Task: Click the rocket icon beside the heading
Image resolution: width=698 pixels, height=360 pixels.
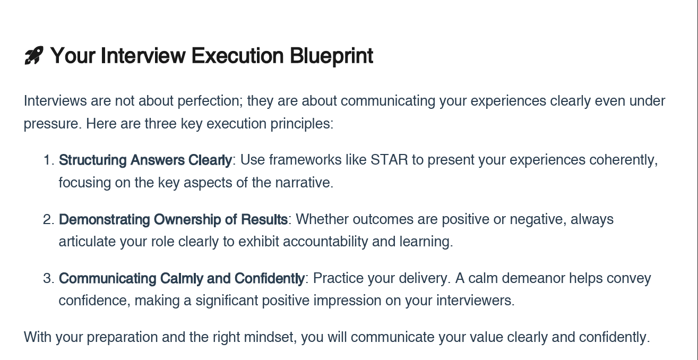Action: (x=33, y=55)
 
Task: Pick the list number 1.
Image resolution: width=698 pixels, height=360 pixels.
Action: (x=49, y=160)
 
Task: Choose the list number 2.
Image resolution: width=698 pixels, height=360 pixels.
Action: (x=49, y=219)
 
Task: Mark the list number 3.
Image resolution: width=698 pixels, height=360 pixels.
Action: (x=49, y=278)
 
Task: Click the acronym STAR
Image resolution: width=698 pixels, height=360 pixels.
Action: (x=389, y=160)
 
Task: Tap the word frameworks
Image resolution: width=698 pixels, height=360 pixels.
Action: (x=305, y=160)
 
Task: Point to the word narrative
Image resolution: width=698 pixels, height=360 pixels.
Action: (x=304, y=183)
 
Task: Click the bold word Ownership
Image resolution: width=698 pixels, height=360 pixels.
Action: (x=187, y=219)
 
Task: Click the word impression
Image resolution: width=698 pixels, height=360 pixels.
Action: (x=347, y=301)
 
